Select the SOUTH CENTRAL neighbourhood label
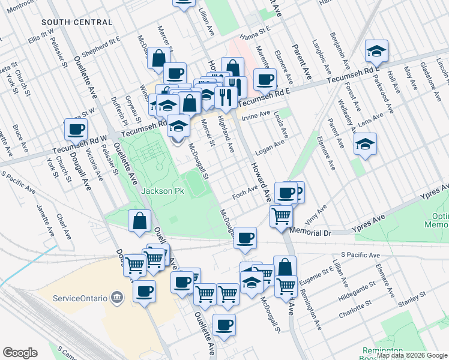pyautogui.click(x=77, y=22)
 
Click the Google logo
pyautogui.click(x=20, y=353)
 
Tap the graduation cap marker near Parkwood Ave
pyautogui.click(x=376, y=51)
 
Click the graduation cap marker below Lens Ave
pyautogui.click(x=365, y=144)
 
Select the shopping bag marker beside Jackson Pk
pyautogui.click(x=139, y=220)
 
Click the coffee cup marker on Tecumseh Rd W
pyautogui.click(x=76, y=129)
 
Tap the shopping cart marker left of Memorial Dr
pyautogui.click(x=280, y=216)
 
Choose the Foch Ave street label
pyautogui.click(x=244, y=196)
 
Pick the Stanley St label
pyautogui.click(x=414, y=296)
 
